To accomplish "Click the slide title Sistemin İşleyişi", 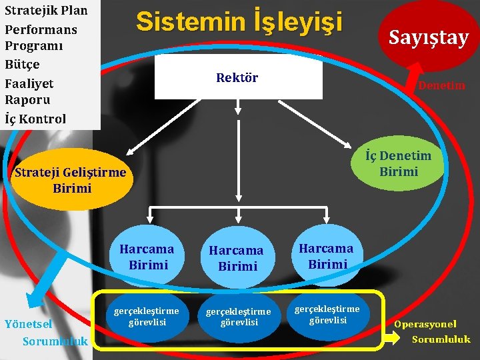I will (239, 22).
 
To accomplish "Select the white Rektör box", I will (238, 78).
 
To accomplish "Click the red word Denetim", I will (441, 85).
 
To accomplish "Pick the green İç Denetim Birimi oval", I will (398, 163).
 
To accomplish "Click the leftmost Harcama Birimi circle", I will (147, 257).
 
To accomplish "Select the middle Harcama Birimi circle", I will (237, 258).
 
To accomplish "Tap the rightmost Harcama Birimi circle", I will (325, 256).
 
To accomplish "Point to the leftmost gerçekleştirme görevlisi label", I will (147, 317).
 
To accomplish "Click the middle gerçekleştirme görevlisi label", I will (238, 317).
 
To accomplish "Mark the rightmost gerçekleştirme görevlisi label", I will (327, 314).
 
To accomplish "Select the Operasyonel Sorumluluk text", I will (433, 332).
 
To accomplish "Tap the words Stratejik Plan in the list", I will (46, 11).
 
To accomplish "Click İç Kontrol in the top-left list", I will (35, 119).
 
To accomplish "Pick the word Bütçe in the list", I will (22, 65).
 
